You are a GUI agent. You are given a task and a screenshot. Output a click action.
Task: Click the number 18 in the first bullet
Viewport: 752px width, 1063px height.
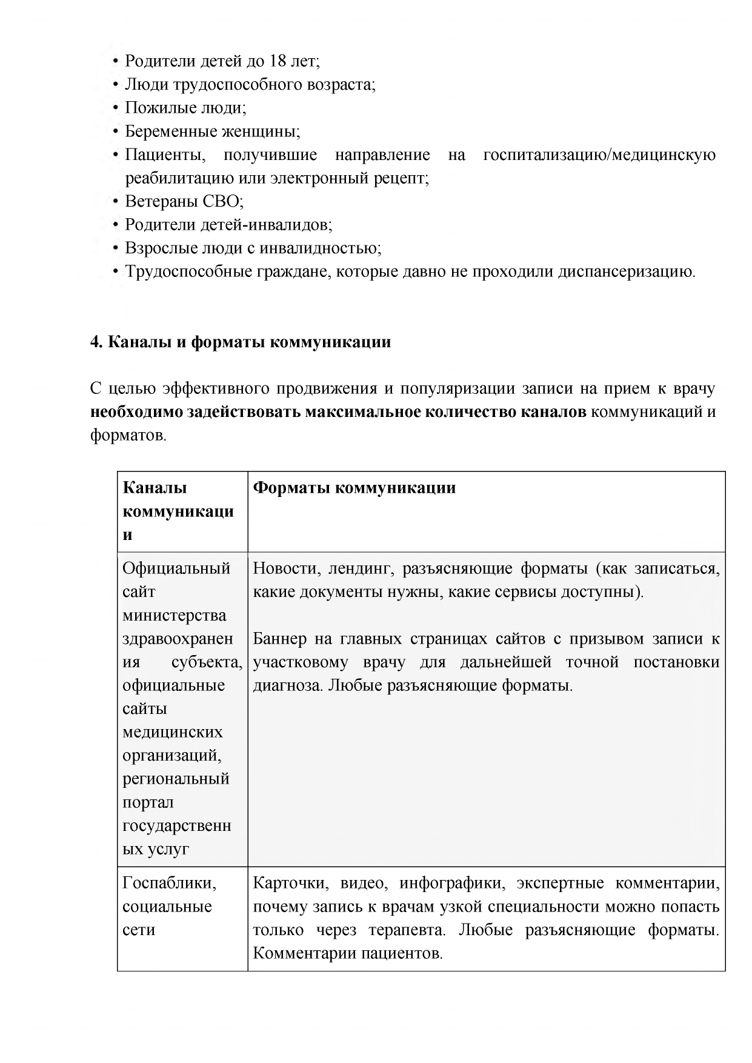point(275,61)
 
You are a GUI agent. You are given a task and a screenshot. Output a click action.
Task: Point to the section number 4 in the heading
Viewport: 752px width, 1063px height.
point(95,342)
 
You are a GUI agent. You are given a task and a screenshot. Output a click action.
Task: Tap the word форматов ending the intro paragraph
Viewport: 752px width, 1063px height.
point(127,435)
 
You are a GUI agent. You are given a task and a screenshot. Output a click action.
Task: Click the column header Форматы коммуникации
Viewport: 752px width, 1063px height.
point(354,488)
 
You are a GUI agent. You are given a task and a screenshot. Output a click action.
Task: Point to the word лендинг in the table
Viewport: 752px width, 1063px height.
point(361,568)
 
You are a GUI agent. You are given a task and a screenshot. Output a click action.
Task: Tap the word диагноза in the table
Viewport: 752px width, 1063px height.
point(286,685)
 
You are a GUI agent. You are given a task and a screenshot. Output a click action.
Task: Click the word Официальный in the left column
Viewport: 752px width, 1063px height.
point(176,568)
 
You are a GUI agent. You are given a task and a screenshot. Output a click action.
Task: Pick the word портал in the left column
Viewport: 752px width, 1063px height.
point(148,802)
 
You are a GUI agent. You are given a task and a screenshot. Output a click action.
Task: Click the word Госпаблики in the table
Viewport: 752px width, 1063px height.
point(169,883)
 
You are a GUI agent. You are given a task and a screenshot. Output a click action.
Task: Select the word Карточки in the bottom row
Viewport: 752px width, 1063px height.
point(287,883)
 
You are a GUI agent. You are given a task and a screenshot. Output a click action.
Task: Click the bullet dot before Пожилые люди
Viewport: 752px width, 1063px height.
point(116,108)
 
